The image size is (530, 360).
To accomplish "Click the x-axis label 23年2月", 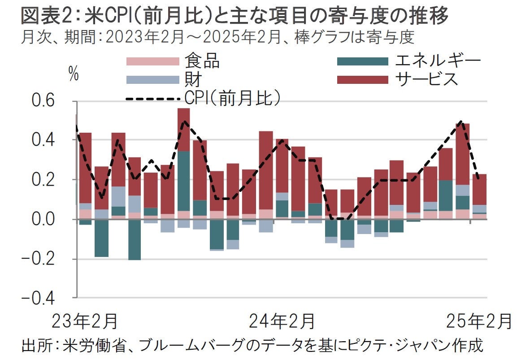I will [85, 321].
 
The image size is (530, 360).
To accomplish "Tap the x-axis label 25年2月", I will [479, 321].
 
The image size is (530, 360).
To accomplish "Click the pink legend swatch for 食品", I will [153, 61].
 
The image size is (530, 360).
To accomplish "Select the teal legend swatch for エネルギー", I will [362, 61].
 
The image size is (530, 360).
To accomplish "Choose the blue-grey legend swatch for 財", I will [153, 80].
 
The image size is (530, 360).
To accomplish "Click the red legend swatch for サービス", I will [362, 80].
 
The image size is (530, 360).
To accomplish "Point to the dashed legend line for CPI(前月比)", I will [153, 98].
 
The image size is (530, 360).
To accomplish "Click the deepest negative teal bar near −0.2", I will [135, 239].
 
